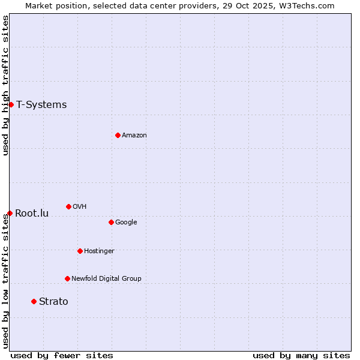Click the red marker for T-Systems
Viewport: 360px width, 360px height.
11,105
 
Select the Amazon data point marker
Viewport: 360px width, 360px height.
118,135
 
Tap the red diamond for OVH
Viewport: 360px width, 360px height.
68,206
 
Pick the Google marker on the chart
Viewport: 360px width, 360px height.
111,222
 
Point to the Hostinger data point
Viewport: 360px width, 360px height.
80,251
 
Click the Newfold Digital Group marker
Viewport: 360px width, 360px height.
67,278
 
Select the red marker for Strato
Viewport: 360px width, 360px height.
34,301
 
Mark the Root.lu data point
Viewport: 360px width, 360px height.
10,213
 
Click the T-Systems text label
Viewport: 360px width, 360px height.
41,105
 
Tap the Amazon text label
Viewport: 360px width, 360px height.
134,136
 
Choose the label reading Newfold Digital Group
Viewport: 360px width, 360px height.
106,278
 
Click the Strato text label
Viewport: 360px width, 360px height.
53,301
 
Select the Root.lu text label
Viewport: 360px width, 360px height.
32,213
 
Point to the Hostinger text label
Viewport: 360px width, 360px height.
99,251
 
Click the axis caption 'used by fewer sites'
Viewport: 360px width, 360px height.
62,355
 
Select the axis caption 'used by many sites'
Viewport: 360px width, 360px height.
301,355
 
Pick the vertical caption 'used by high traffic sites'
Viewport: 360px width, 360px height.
5,85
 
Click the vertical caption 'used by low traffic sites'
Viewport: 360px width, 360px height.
5,281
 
